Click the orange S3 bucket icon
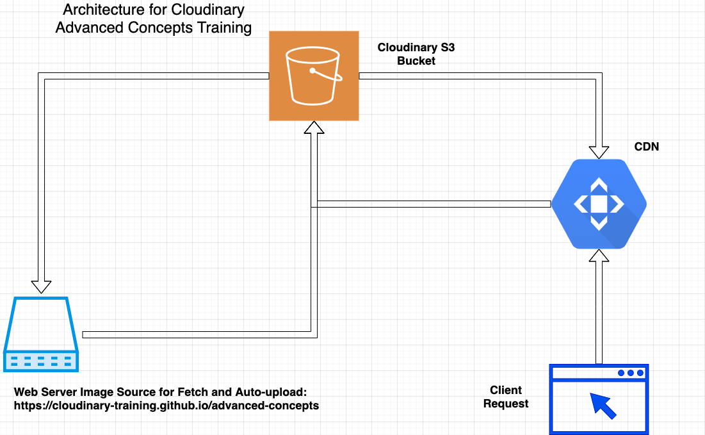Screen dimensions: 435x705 point(313,76)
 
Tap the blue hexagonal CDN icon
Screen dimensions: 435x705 point(599,204)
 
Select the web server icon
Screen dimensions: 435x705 point(41,334)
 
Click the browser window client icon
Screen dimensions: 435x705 point(599,399)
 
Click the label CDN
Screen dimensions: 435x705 point(646,147)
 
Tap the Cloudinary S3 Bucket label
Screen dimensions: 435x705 point(416,54)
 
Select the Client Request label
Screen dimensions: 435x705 point(506,397)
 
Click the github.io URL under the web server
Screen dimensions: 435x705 point(166,406)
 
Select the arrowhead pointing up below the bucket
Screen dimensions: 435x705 point(314,128)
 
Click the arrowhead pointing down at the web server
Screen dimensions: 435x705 point(41,286)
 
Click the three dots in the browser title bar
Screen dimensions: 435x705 point(630,373)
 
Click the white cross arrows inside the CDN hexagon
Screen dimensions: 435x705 point(598,204)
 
